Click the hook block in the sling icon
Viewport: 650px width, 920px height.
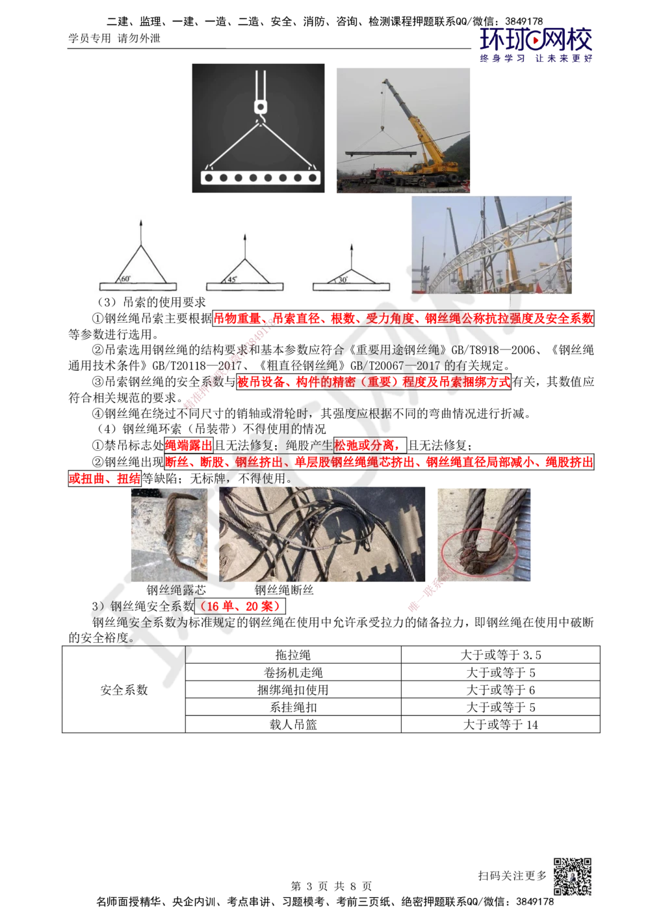(x=260, y=106)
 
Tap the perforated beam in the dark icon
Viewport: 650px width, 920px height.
(x=259, y=177)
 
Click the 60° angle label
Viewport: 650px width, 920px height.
(x=126, y=278)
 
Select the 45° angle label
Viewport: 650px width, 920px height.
(x=232, y=279)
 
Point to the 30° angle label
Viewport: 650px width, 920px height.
(x=341, y=280)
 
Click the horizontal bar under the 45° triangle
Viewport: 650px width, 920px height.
(x=245, y=287)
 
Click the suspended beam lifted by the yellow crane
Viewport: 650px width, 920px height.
(x=380, y=154)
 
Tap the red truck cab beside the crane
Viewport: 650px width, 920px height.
(x=383, y=174)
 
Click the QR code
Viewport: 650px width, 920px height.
(x=572, y=876)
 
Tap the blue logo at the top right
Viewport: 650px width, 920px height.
(x=536, y=44)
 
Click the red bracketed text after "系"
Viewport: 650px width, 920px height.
(x=239, y=606)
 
